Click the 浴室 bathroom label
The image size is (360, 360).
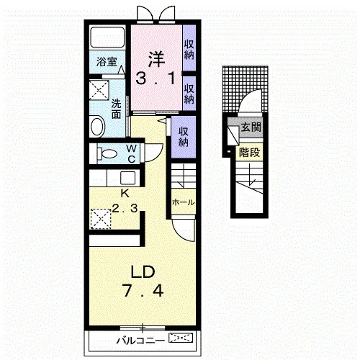coord(107,62)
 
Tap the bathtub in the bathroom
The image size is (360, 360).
coord(107,37)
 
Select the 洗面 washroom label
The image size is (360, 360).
coord(116,109)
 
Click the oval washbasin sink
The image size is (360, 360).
coord(97,126)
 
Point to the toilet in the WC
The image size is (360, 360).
coord(107,153)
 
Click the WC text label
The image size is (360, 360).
coord(132,154)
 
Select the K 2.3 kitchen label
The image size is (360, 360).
coord(125,201)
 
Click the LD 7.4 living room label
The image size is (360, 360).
coord(143,281)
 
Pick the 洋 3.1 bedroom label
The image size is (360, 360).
coord(156,68)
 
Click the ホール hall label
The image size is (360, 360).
coord(183,202)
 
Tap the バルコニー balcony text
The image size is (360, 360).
coord(140,341)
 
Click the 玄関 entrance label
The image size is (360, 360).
coord(251,127)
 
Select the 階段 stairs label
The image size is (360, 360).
coord(250,152)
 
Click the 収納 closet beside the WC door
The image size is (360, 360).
coord(183,137)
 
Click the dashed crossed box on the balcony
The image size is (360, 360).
coord(181,338)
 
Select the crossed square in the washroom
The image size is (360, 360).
coord(99,90)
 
